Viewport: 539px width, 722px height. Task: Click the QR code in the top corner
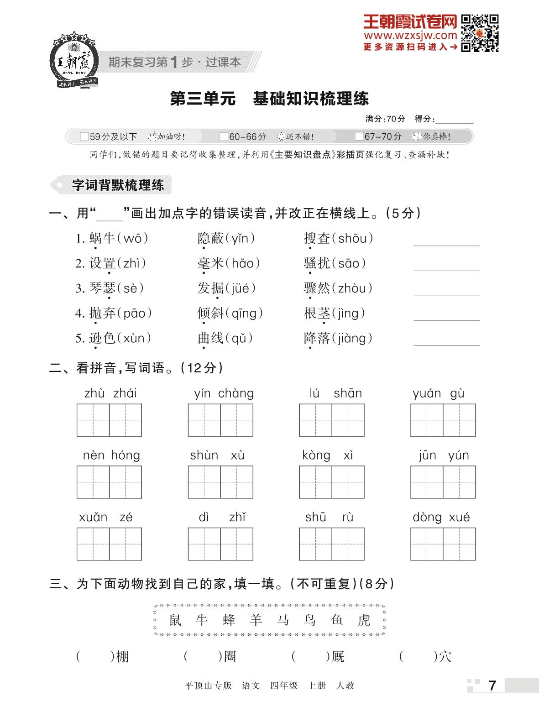point(479,33)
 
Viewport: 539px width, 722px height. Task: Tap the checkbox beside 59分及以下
point(84,136)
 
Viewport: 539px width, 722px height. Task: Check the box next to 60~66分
point(224,136)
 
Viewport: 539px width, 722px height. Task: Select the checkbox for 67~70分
point(359,136)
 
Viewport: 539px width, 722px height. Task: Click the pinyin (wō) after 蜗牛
point(132,238)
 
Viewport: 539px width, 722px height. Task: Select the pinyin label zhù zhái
point(110,393)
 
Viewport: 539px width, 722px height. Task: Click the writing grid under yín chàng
point(220,420)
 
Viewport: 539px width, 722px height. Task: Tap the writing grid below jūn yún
point(443,482)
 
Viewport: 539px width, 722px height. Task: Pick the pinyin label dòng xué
point(441,518)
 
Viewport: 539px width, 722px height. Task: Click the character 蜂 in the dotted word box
point(229,620)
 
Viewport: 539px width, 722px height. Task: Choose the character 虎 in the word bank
point(364,620)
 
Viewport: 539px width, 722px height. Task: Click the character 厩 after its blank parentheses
point(338,657)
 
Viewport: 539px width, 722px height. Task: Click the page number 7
point(492,685)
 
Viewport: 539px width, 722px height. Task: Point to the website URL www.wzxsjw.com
point(410,36)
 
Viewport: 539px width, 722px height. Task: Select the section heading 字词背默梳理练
point(118,185)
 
